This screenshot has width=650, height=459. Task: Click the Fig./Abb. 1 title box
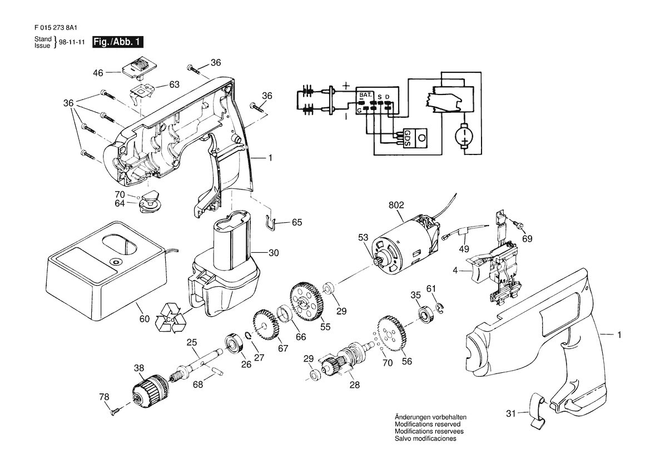pyautogui.click(x=118, y=42)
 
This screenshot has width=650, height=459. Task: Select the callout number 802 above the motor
pyautogui.click(x=396, y=205)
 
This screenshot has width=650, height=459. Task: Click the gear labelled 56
pyautogui.click(x=392, y=333)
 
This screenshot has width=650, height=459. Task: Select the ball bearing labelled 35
pyautogui.click(x=425, y=315)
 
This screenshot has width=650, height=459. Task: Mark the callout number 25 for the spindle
pyautogui.click(x=191, y=343)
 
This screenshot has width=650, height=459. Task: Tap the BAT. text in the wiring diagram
pyautogui.click(x=366, y=95)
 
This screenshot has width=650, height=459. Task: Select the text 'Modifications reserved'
pyautogui.click(x=428, y=424)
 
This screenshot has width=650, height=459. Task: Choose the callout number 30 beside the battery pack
pyautogui.click(x=274, y=253)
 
